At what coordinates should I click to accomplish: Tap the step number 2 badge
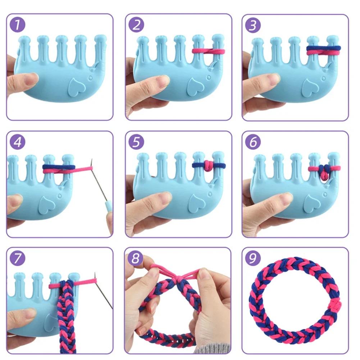(137, 25)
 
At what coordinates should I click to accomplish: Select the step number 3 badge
(253, 25)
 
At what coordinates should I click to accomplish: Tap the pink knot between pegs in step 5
(208, 165)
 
